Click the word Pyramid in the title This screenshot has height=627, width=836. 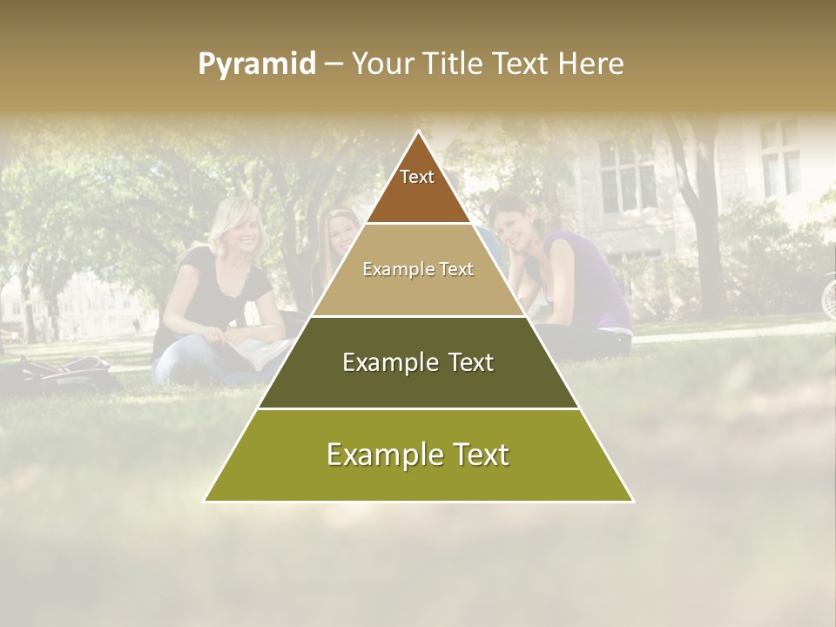[257, 64]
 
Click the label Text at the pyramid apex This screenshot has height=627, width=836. [417, 177]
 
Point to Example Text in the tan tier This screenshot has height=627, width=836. [418, 269]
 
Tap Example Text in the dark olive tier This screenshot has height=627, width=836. [418, 362]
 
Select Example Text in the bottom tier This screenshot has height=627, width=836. [418, 455]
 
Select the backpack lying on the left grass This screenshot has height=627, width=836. [70, 370]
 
